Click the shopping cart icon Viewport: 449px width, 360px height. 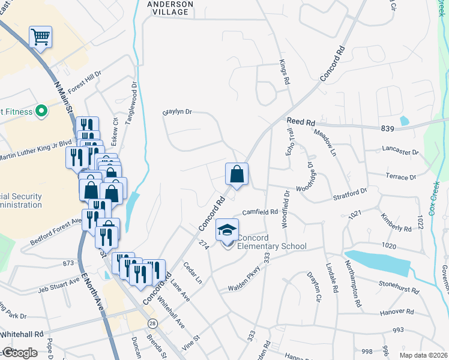tap(40, 37)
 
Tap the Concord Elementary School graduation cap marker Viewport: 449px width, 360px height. tap(228, 230)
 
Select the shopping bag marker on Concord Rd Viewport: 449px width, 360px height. tap(237, 175)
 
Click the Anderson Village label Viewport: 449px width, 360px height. tap(170, 8)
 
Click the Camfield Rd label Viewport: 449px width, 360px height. tap(260, 212)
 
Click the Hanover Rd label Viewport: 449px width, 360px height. tap(397, 313)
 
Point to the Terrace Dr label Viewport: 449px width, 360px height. tap(400, 177)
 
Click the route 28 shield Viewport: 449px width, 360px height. tap(154, 323)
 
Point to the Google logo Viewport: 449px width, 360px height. tap(19, 353)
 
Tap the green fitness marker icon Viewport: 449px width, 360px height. tap(41, 111)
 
